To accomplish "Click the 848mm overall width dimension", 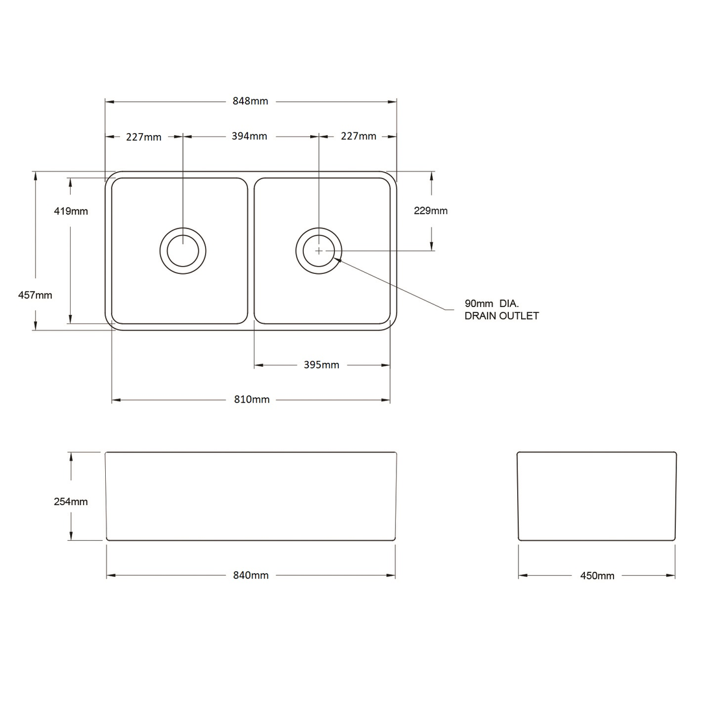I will tap(250, 101).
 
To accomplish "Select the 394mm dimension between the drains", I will tap(249, 136).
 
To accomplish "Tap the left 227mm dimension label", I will tap(144, 137).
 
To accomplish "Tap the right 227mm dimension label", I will tap(358, 136).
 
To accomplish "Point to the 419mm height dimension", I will tap(71, 211).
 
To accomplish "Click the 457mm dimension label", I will tap(35, 295).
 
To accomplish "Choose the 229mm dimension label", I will tap(431, 211).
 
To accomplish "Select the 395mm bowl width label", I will tap(321, 365).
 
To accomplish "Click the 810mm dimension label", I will tap(252, 400).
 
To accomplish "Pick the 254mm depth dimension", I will tap(71, 502).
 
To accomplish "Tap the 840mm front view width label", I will tap(251, 576).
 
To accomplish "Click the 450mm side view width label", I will tap(597, 576).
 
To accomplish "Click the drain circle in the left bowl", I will tap(183, 251).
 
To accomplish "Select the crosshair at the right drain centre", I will tap(319, 251).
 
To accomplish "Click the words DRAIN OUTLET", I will tap(502, 316).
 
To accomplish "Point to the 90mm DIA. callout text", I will tap(491, 303).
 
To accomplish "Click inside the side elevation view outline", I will tap(596, 496).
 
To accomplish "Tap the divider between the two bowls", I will tap(251, 251).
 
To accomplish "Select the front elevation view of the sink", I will tap(251, 496).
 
